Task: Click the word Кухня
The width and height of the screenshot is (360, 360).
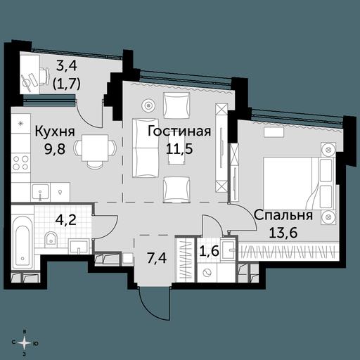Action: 55,132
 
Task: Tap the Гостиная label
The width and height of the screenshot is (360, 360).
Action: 179,131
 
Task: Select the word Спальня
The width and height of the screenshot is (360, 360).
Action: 283,215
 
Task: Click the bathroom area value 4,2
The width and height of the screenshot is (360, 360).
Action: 66,220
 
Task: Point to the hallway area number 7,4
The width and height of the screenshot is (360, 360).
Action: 157,259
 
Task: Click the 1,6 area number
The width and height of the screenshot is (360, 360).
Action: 210,251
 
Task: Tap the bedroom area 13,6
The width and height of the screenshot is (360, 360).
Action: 283,232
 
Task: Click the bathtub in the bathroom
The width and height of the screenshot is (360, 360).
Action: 22,242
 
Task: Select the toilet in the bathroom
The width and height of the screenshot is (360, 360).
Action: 51,238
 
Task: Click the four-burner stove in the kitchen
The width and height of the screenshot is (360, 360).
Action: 21,163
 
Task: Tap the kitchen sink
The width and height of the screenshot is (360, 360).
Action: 41,192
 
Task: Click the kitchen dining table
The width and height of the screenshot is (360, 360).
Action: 95,148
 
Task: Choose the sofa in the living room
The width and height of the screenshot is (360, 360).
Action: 146,148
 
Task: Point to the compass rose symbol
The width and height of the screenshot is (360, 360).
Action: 25,343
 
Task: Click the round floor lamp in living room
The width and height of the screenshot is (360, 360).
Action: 148,105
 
